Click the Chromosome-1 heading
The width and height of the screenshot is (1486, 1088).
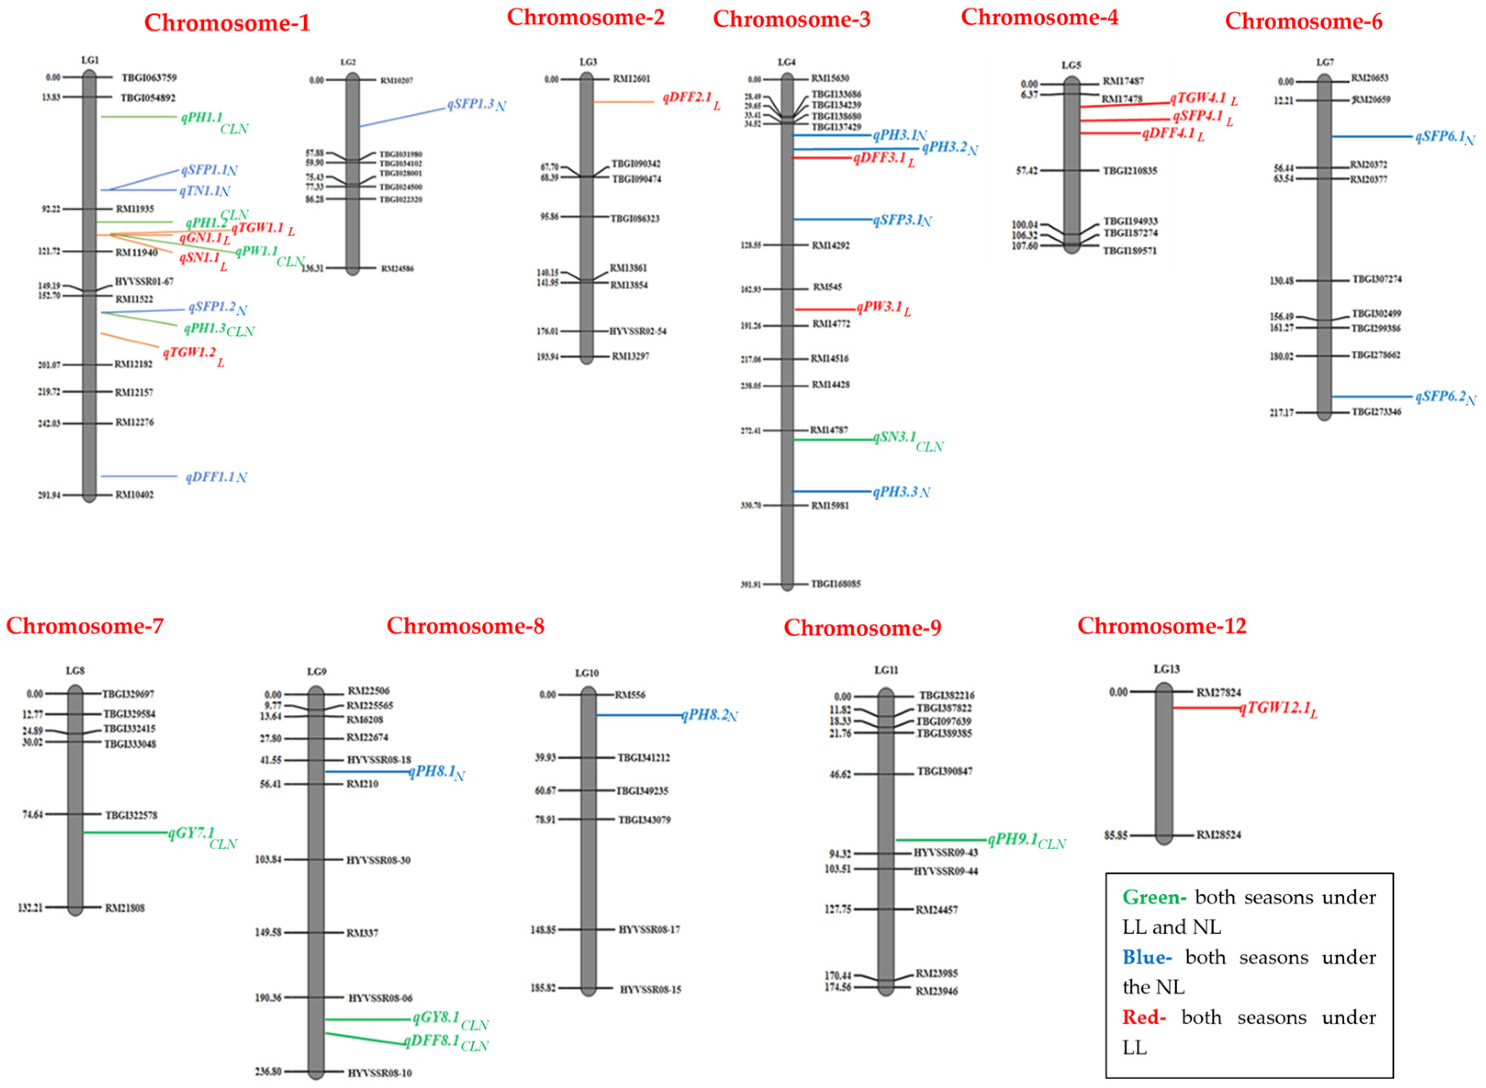click(x=227, y=23)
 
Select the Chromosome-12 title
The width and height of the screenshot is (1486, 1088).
click(x=1162, y=626)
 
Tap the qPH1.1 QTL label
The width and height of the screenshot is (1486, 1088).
click(x=202, y=118)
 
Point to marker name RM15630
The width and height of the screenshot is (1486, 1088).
click(x=830, y=78)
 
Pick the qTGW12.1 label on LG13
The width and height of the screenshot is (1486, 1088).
click(x=1273, y=708)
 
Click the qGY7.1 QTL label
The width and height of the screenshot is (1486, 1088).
click(x=191, y=833)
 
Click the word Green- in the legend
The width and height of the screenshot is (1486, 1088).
click(x=1154, y=897)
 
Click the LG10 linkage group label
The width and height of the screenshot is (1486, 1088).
click(x=587, y=673)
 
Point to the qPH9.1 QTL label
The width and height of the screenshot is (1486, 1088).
click(x=1012, y=840)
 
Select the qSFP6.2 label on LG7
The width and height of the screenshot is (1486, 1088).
click(x=1440, y=397)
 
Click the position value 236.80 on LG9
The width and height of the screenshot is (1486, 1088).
click(x=268, y=1071)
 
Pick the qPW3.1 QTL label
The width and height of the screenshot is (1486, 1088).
click(x=879, y=308)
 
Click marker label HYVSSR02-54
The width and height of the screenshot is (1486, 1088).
click(x=637, y=331)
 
